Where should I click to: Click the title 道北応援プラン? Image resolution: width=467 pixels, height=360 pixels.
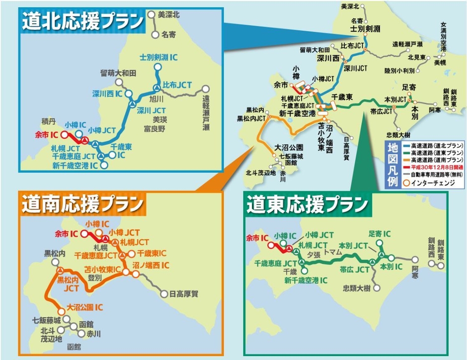pos(82,22)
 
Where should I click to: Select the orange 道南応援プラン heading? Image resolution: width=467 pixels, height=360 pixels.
pos(82,203)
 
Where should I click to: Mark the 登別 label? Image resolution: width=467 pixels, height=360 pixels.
pos(95,279)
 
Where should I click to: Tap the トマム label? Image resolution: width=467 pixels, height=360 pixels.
pos(332,253)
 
